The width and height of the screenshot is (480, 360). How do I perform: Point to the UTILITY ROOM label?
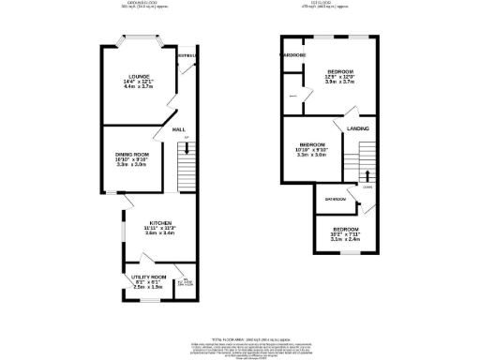click(148, 277)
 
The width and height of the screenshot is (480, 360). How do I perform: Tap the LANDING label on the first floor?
click(357, 127)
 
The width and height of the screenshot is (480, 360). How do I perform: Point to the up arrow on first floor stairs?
click(366, 174)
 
